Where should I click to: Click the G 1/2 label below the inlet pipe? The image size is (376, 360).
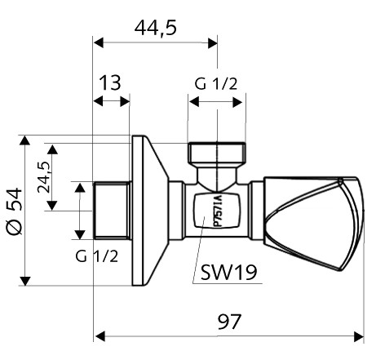click(96, 256)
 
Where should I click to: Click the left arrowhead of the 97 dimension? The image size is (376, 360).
click(100, 334)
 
